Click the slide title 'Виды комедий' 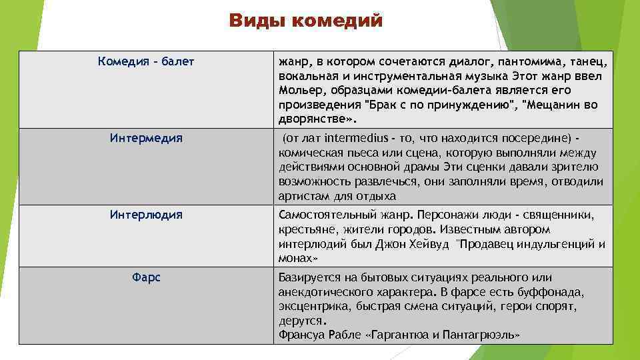[306, 21]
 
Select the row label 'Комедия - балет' [146, 62]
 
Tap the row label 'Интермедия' [146, 138]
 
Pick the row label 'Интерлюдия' [146, 215]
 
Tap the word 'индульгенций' [551, 244]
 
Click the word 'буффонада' [551, 291]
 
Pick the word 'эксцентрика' [312, 306]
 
